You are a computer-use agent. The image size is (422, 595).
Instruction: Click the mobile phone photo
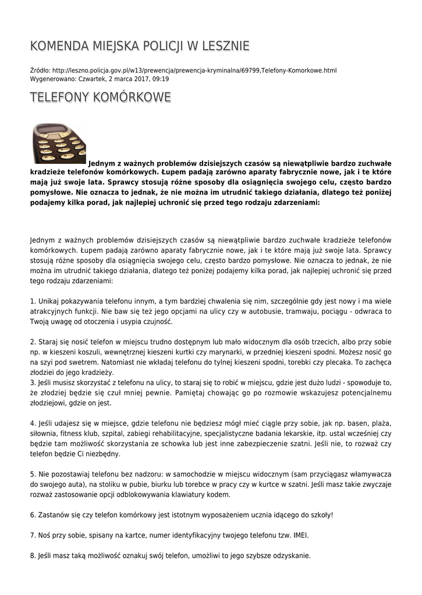[x=59, y=144]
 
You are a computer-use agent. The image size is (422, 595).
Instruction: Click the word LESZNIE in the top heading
[x=224, y=46]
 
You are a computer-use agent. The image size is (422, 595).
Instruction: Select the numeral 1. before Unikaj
[x=33, y=301]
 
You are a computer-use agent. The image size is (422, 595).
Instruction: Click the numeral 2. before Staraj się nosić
[x=33, y=342]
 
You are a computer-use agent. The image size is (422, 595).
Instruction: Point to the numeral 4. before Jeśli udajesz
[x=33, y=423]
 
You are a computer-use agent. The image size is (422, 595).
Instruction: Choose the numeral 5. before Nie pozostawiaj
[x=33, y=474]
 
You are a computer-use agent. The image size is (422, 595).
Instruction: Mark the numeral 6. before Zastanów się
[x=33, y=515]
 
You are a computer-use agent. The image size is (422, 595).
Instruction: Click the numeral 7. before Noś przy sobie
[x=33, y=535]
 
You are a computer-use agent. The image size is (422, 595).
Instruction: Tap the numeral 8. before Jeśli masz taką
[x=33, y=555]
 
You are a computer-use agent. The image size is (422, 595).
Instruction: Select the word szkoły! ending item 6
[x=321, y=515]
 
